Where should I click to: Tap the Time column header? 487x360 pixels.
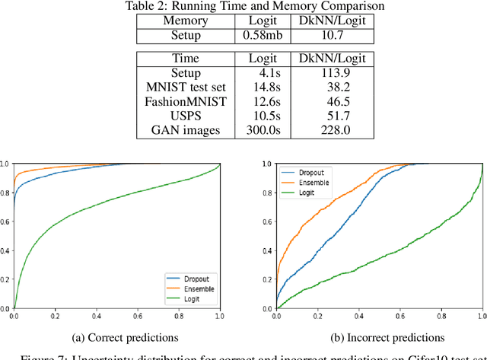[184, 58]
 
